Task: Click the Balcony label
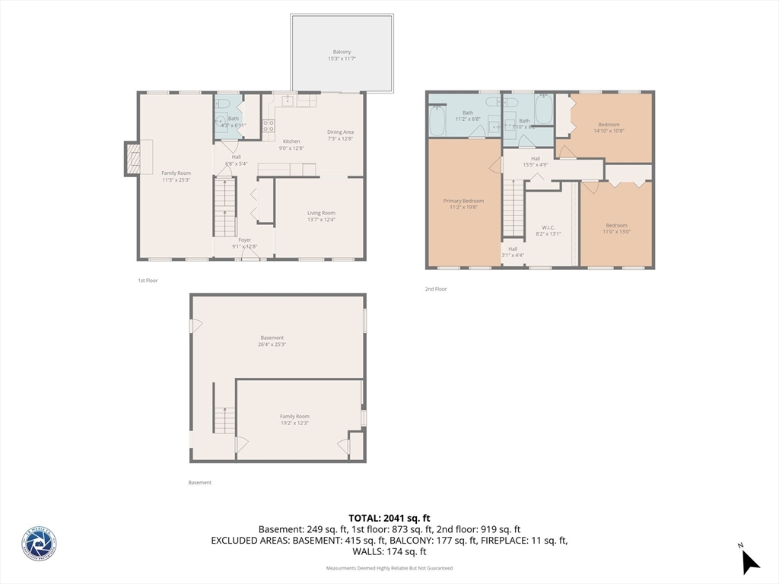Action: (x=342, y=52)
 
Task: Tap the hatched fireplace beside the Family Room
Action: (x=133, y=158)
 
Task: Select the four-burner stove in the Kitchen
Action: (x=268, y=126)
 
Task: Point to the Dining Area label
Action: (x=340, y=132)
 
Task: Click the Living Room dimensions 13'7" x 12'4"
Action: (x=320, y=220)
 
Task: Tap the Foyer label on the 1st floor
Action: (x=244, y=240)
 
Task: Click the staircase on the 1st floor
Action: (x=224, y=207)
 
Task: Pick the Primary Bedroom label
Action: (x=463, y=201)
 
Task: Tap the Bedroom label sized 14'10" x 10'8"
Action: (x=609, y=125)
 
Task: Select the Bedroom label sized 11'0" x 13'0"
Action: (x=616, y=225)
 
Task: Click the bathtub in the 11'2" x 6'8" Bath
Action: (x=437, y=121)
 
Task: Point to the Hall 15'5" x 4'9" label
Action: (x=536, y=158)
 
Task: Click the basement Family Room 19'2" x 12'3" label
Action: (x=294, y=417)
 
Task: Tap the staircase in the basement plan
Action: (x=224, y=420)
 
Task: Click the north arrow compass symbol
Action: (x=749, y=560)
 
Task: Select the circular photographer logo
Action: (x=39, y=544)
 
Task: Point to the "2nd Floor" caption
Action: (x=436, y=289)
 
